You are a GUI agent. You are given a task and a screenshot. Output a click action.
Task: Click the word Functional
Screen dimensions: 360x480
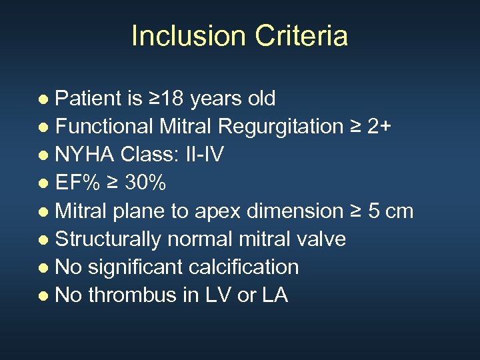[x=105, y=127]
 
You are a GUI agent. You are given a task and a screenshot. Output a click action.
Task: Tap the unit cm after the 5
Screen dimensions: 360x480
[x=399, y=211]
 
